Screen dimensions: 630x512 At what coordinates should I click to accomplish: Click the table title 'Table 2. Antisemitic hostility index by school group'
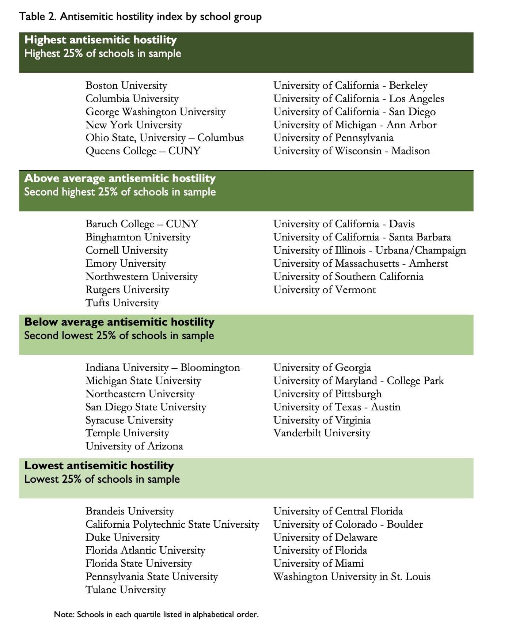click(x=140, y=17)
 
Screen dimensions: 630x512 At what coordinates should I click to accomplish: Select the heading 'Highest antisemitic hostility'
click(x=100, y=40)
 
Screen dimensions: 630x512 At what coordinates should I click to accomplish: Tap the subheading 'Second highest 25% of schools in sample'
click(x=120, y=192)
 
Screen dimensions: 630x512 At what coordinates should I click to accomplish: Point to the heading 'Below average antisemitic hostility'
click(x=119, y=322)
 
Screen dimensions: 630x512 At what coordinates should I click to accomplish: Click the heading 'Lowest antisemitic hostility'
click(x=99, y=466)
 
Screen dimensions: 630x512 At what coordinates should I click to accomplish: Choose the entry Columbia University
click(x=132, y=99)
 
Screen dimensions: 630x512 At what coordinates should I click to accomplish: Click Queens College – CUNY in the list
click(x=143, y=151)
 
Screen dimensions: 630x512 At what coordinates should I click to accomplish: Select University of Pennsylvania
click(x=333, y=138)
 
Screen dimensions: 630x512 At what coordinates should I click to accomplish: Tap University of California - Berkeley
click(x=350, y=86)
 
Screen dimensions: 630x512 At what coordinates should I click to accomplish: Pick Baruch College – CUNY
click(x=142, y=224)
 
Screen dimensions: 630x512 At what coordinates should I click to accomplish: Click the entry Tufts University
click(x=122, y=303)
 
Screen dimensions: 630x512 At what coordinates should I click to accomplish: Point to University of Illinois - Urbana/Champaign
click(x=369, y=250)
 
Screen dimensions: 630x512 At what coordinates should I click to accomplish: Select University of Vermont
click(x=325, y=290)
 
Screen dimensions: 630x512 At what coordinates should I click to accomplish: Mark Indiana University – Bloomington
click(x=163, y=368)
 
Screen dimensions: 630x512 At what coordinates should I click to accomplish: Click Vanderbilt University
click(x=322, y=433)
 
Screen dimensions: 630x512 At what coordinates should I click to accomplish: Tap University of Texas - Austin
click(x=337, y=407)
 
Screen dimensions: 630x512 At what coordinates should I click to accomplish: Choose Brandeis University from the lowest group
click(x=130, y=511)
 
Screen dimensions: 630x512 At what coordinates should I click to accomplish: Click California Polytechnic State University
click(x=172, y=524)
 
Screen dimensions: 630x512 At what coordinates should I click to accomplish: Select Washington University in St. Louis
click(x=352, y=577)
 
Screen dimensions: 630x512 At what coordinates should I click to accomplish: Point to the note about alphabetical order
click(x=156, y=615)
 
